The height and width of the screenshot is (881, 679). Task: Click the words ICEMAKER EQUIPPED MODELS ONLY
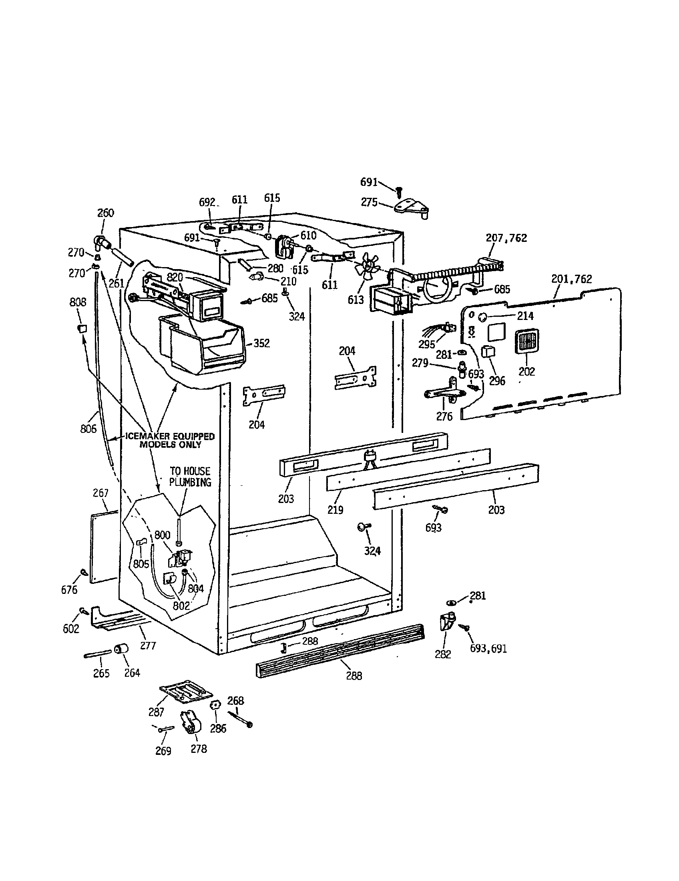[x=170, y=440]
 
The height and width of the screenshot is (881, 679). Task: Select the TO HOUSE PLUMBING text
[x=190, y=477]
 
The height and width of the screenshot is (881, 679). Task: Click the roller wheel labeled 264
[x=121, y=649]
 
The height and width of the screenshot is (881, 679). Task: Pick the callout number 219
[x=335, y=510]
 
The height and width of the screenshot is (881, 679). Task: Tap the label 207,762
[x=506, y=238]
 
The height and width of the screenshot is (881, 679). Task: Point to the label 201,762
[x=571, y=279]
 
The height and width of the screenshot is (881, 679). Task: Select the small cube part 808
[x=82, y=328]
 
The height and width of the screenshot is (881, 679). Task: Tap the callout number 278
[x=199, y=749]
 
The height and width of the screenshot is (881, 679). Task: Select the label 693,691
[x=488, y=648]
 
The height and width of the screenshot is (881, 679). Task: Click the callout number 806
[x=88, y=428]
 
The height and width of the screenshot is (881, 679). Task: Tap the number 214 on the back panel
[x=525, y=316]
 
